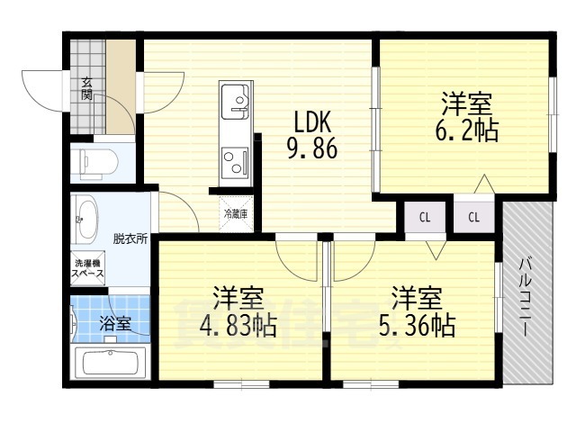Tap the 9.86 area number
pyautogui.click(x=311, y=148)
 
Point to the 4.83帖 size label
pyautogui.click(x=238, y=324)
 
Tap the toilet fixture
pyautogui.click(x=93, y=163)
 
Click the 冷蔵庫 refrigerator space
pyautogui.click(x=236, y=213)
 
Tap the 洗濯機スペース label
pyautogui.click(x=89, y=268)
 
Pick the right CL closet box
pyautogui.click(x=474, y=217)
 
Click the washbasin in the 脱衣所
pyautogui.click(x=85, y=218)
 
